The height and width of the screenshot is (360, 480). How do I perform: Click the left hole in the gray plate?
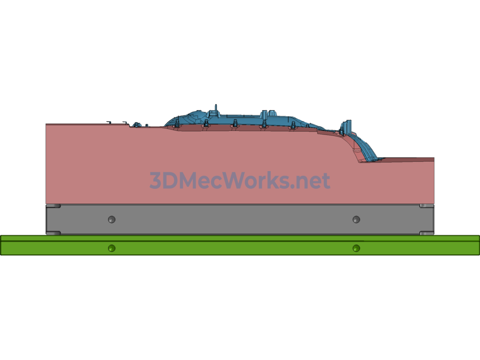click(x=112, y=219)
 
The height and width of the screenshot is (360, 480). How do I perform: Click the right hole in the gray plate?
click(x=356, y=219)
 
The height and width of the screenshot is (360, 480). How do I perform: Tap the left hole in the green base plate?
click(x=112, y=248)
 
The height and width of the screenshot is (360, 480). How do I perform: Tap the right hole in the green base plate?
click(x=356, y=248)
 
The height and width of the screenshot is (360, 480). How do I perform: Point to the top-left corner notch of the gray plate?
click(x=53, y=206)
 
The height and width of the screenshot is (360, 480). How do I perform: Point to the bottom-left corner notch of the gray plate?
click(x=53, y=233)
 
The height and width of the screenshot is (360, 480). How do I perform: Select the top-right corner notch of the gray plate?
click(x=427, y=206)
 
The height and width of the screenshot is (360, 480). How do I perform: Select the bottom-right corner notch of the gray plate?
click(x=427, y=233)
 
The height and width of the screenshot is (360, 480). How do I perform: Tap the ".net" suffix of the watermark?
click(x=310, y=181)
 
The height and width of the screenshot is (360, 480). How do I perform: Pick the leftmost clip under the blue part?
click(x=177, y=124)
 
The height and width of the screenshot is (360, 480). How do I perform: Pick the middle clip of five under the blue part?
click(x=235, y=124)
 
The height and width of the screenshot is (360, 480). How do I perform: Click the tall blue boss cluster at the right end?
click(x=346, y=127)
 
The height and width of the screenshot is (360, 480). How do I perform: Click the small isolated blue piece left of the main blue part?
click(x=137, y=125)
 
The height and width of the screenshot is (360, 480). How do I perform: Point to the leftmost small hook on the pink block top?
click(x=109, y=122)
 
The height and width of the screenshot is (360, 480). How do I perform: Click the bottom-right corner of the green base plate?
click(x=479, y=255)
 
